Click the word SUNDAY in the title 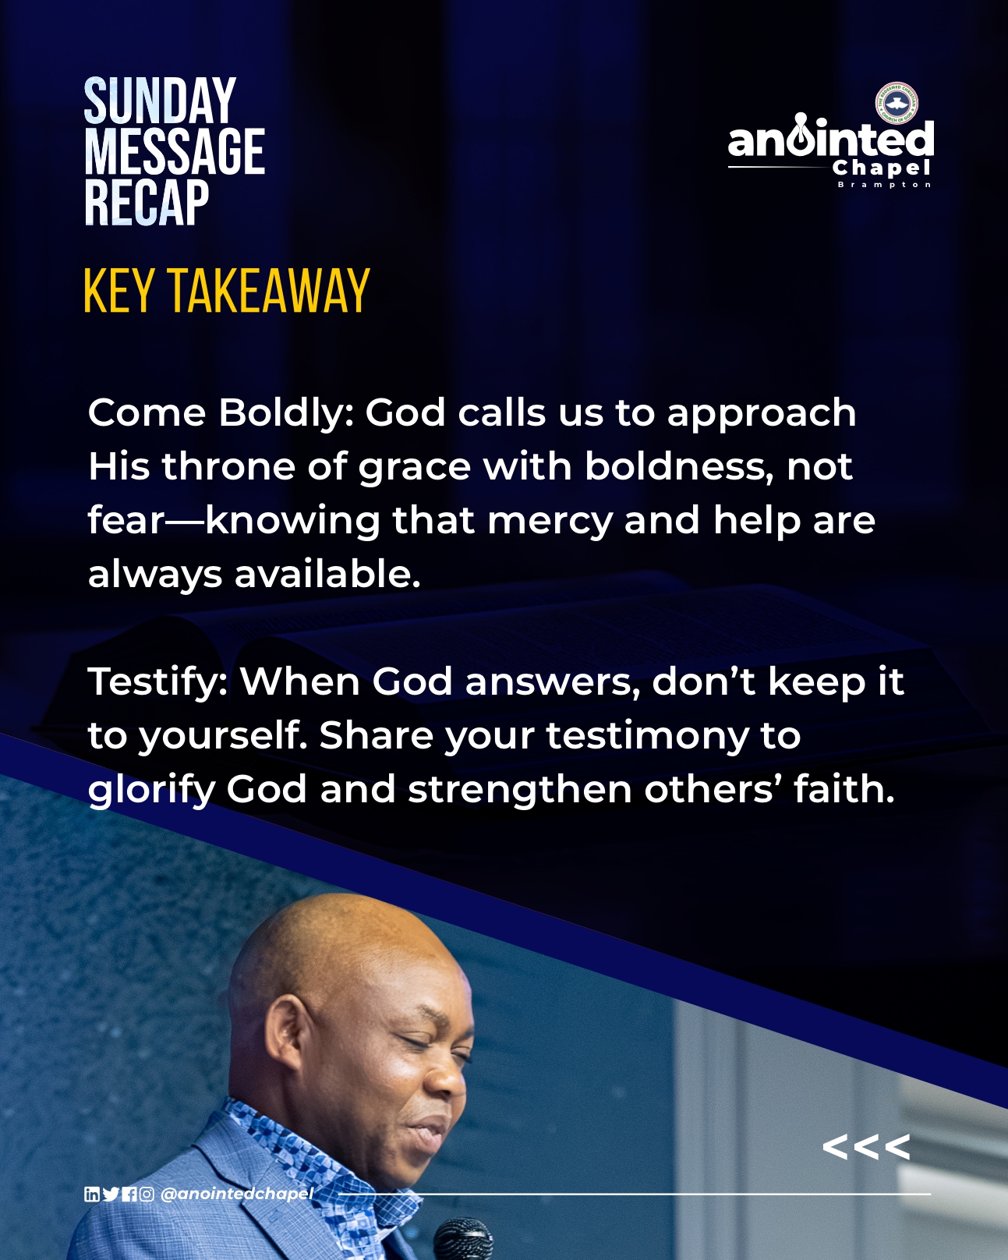click(x=160, y=101)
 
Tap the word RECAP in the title click(x=147, y=203)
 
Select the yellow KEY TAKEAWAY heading click(x=227, y=291)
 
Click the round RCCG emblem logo click(x=897, y=103)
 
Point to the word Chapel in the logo click(x=881, y=168)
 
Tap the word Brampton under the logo click(x=884, y=185)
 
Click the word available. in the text click(x=327, y=575)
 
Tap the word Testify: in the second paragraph click(x=157, y=683)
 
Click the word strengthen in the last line click(x=520, y=790)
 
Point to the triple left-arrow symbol click(x=866, y=1146)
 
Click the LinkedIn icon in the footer click(x=92, y=1195)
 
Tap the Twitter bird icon click(x=111, y=1195)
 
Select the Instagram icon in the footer click(x=147, y=1195)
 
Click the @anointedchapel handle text click(x=238, y=1195)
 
